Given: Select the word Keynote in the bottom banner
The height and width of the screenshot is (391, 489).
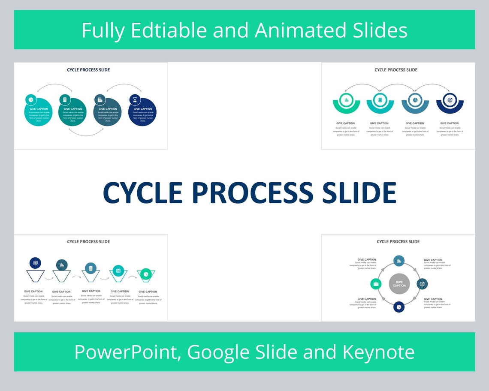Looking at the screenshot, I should (378, 352).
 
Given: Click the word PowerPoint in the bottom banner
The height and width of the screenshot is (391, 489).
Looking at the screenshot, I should (128, 352).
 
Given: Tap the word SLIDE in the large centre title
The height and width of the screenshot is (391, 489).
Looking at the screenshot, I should (359, 193).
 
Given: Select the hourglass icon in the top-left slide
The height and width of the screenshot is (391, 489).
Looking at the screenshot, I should (135, 100).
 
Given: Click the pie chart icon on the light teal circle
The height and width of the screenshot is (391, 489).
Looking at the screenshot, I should (31, 100).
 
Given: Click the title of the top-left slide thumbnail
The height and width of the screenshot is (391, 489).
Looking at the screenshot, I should (88, 70).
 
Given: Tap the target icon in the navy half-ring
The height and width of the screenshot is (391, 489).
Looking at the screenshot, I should (450, 100).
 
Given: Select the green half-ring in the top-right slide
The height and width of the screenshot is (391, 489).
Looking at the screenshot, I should (346, 105).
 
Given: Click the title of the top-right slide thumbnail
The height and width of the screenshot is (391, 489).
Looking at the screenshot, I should (395, 70).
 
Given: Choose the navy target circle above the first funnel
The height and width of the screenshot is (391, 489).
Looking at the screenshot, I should (35, 263).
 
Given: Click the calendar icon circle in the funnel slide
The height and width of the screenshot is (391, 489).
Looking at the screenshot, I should (118, 271).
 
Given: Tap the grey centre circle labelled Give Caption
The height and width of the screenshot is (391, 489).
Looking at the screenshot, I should (399, 284).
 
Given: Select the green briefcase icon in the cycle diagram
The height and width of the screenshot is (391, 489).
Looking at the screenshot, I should (376, 284).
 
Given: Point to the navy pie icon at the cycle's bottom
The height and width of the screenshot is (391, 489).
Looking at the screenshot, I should (399, 307).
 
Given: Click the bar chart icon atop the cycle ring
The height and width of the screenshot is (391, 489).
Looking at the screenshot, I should (399, 261).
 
